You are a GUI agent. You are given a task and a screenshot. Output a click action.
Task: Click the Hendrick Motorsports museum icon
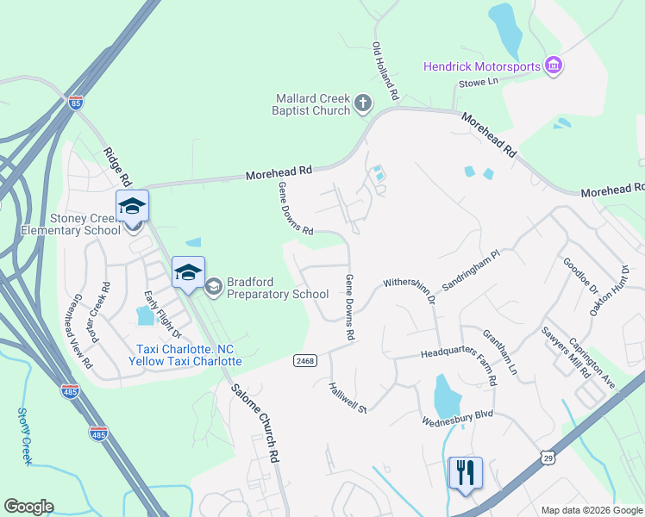tap(554, 65)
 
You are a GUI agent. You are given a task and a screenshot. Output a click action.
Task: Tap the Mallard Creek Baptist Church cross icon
tap(363, 104)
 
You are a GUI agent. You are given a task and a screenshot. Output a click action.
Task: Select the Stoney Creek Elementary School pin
tap(132, 207)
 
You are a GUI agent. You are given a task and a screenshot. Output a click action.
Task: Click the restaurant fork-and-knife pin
tap(465, 473)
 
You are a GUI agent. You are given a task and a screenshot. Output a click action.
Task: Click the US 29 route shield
tap(548, 457)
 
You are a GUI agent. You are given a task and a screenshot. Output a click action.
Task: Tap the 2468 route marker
tap(304, 359)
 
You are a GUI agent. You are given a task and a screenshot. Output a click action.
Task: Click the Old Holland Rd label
tap(385, 69)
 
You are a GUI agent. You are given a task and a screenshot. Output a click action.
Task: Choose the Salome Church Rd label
tap(257, 423)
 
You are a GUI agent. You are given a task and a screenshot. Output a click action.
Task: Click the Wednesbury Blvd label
tap(457, 418)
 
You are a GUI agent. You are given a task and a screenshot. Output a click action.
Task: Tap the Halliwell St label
tap(348, 397)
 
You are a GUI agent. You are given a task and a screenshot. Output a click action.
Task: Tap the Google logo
tap(28, 507)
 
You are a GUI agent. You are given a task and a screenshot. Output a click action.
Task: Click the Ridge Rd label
tap(116, 167)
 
